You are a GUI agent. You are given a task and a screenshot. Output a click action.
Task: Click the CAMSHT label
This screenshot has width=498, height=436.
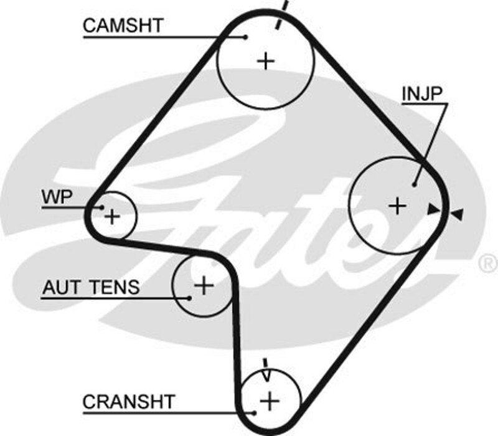pos(123,26)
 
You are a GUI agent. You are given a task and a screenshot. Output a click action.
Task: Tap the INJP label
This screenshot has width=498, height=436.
pos(422,93)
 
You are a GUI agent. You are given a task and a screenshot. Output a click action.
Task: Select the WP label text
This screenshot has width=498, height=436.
pos(57,197)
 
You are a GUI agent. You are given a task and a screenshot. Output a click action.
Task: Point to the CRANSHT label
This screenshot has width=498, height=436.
pos(129,402)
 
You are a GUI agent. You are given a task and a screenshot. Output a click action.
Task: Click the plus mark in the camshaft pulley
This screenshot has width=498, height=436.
pos(266,60)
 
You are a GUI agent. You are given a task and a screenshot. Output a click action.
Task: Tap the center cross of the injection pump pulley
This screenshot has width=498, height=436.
pos(397,205)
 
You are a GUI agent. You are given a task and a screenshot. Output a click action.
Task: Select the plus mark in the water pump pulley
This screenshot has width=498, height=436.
pos(112,217)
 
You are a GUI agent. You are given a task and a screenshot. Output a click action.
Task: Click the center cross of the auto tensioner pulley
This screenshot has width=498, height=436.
pos(204,285)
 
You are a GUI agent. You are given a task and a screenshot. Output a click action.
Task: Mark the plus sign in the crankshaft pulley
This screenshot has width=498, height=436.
pos(270,400)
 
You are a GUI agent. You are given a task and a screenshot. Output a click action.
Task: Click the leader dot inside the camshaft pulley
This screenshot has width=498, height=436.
pos(247,37)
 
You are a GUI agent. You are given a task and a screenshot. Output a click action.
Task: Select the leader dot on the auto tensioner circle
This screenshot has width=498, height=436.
pos(189,297)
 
